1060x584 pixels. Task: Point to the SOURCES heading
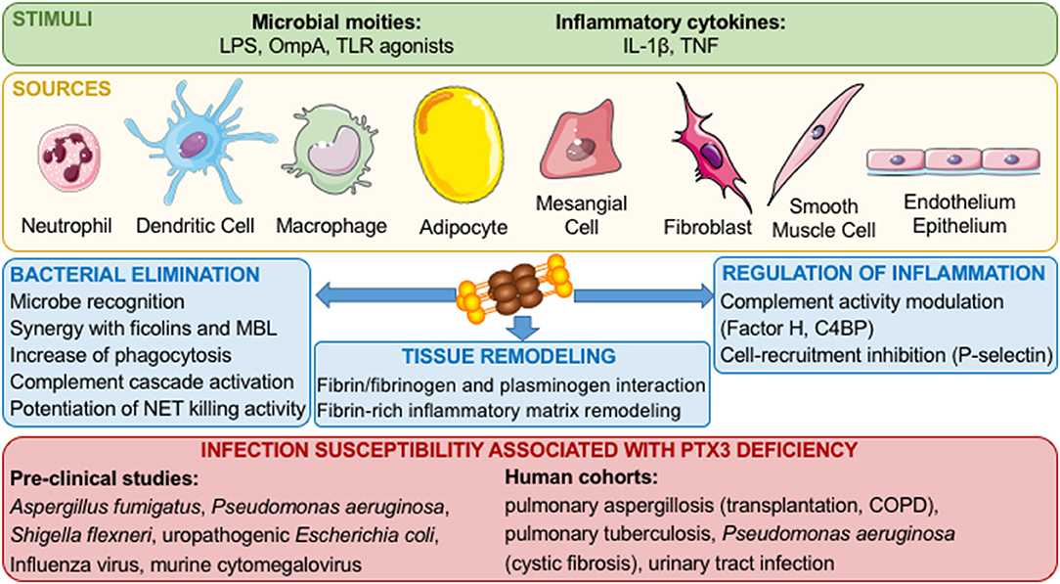59,89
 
